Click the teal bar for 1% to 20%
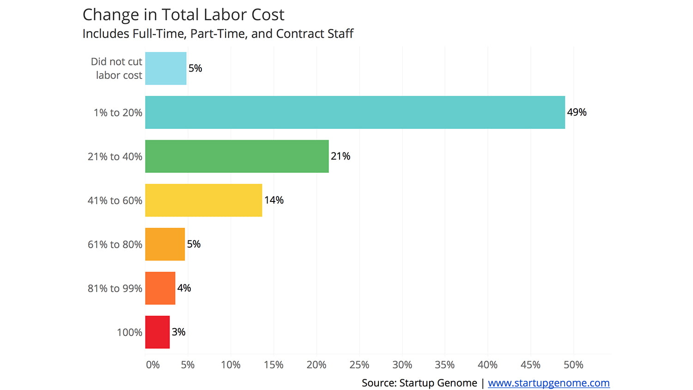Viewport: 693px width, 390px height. [x=355, y=112]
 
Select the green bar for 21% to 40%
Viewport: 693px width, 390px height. [x=237, y=156]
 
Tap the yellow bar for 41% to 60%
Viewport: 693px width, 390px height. [x=203, y=200]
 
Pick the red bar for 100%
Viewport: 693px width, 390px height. [x=157, y=332]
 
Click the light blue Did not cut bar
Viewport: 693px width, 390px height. [x=165, y=68]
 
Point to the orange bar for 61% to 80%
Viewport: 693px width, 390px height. [x=164, y=244]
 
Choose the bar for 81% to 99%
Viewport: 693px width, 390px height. [x=160, y=288]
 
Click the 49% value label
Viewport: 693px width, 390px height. [x=577, y=112]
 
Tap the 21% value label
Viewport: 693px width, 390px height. [x=340, y=156]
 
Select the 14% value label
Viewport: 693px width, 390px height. [x=274, y=200]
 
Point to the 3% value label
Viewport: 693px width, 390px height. [x=178, y=332]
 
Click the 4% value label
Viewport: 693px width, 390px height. [x=184, y=288]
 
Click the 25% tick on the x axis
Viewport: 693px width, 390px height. [x=359, y=365]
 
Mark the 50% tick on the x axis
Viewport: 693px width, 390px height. [x=573, y=365]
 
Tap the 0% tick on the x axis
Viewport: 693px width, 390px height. [x=152, y=365]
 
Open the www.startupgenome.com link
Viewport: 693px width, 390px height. [x=548, y=383]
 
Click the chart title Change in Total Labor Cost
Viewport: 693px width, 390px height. [x=183, y=15]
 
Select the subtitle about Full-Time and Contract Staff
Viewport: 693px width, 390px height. [x=218, y=34]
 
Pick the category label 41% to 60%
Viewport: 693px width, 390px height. [x=115, y=201]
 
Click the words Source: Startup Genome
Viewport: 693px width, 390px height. [x=419, y=383]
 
